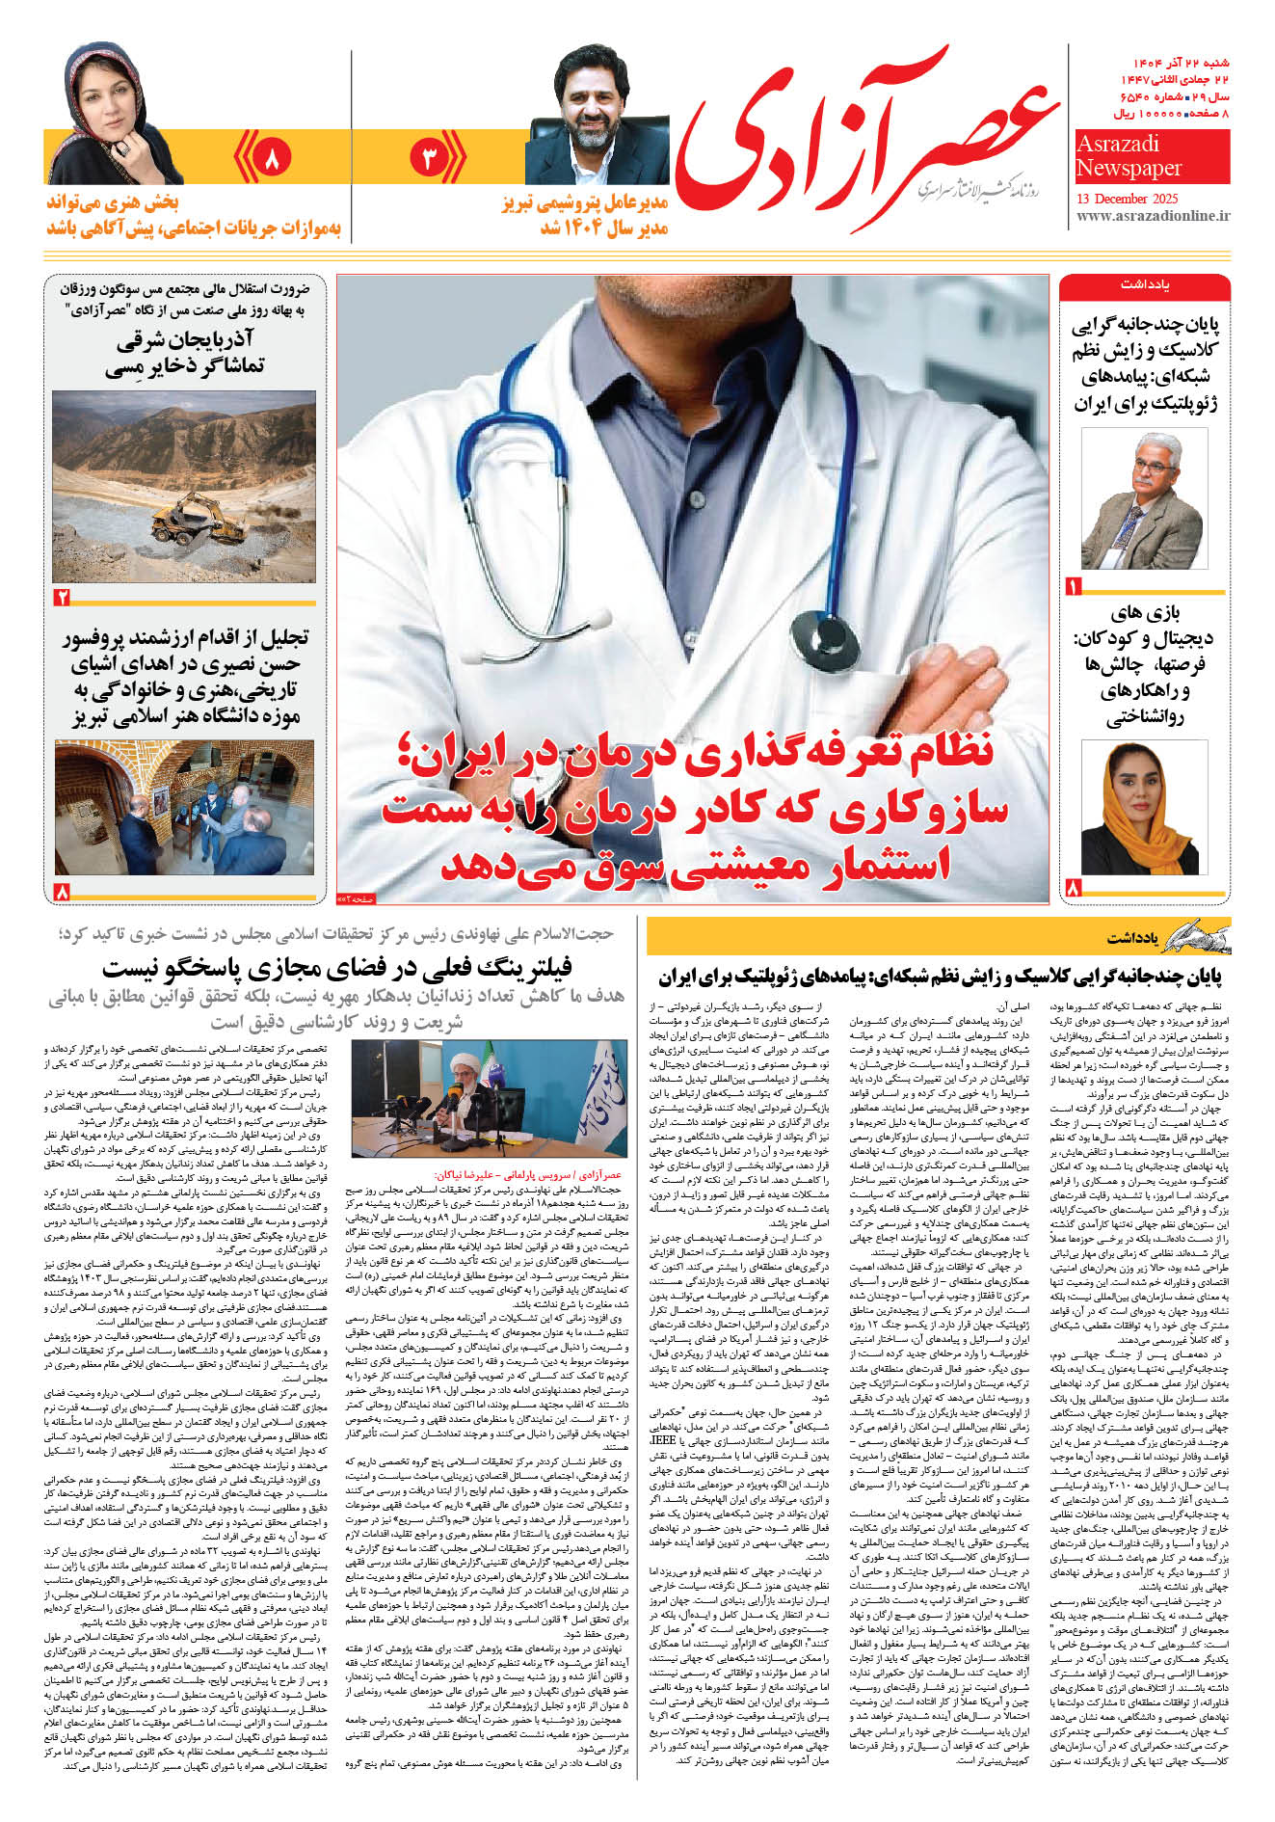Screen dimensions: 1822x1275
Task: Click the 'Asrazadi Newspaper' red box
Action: (1152, 157)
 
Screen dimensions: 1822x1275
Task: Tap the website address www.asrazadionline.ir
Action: (1153, 217)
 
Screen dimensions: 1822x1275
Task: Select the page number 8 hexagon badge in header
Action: (271, 158)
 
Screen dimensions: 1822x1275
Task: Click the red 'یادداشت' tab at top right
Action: (1144, 286)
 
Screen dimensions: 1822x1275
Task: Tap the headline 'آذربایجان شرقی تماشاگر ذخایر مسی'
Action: (190, 353)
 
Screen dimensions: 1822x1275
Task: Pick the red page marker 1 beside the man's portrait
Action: (1074, 586)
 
